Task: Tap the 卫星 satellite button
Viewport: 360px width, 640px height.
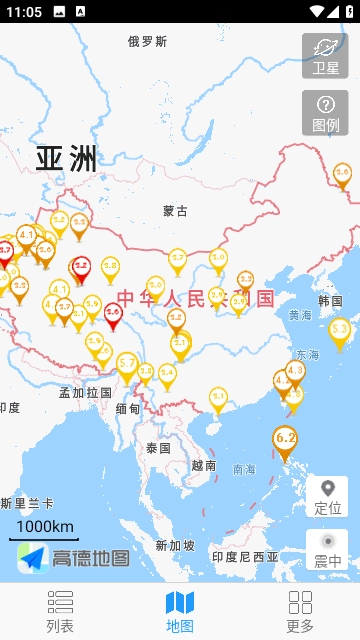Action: [325, 56]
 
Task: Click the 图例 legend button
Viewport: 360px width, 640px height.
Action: [325, 113]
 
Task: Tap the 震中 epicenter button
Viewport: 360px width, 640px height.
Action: [326, 549]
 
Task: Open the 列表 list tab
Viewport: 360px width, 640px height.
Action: [60, 611]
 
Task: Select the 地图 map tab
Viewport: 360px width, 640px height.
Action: [180, 611]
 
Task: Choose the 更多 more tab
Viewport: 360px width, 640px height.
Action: [300, 611]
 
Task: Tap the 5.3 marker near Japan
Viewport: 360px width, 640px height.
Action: [340, 330]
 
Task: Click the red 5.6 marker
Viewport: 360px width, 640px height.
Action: [113, 314]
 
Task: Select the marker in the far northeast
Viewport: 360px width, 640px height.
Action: [342, 175]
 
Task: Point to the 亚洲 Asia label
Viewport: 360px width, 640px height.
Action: [67, 158]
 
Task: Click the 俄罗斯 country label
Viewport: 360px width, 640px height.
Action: [147, 41]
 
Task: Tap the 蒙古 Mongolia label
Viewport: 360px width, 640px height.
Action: [175, 211]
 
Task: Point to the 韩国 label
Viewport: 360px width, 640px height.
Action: [330, 301]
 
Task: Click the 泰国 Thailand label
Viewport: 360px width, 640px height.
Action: [158, 447]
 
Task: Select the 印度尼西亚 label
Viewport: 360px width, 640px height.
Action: [245, 556]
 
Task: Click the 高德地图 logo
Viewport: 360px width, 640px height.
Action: [74, 558]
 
